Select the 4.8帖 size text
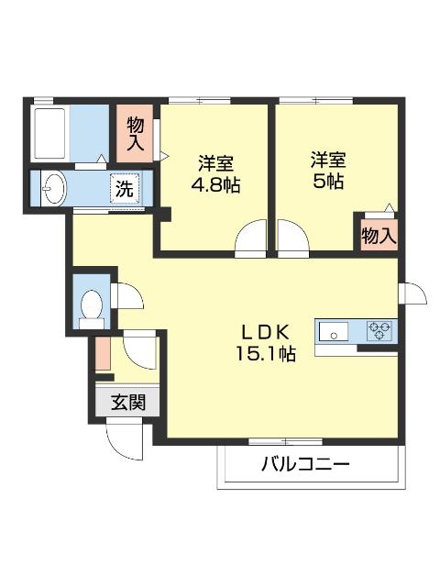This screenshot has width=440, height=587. (x=216, y=183)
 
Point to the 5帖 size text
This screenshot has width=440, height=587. (x=326, y=181)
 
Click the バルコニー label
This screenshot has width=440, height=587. (x=306, y=465)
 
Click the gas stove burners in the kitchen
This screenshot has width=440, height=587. (x=380, y=330)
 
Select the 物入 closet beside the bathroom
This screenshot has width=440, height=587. (x=136, y=134)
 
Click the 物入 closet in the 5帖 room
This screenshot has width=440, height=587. (x=378, y=235)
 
